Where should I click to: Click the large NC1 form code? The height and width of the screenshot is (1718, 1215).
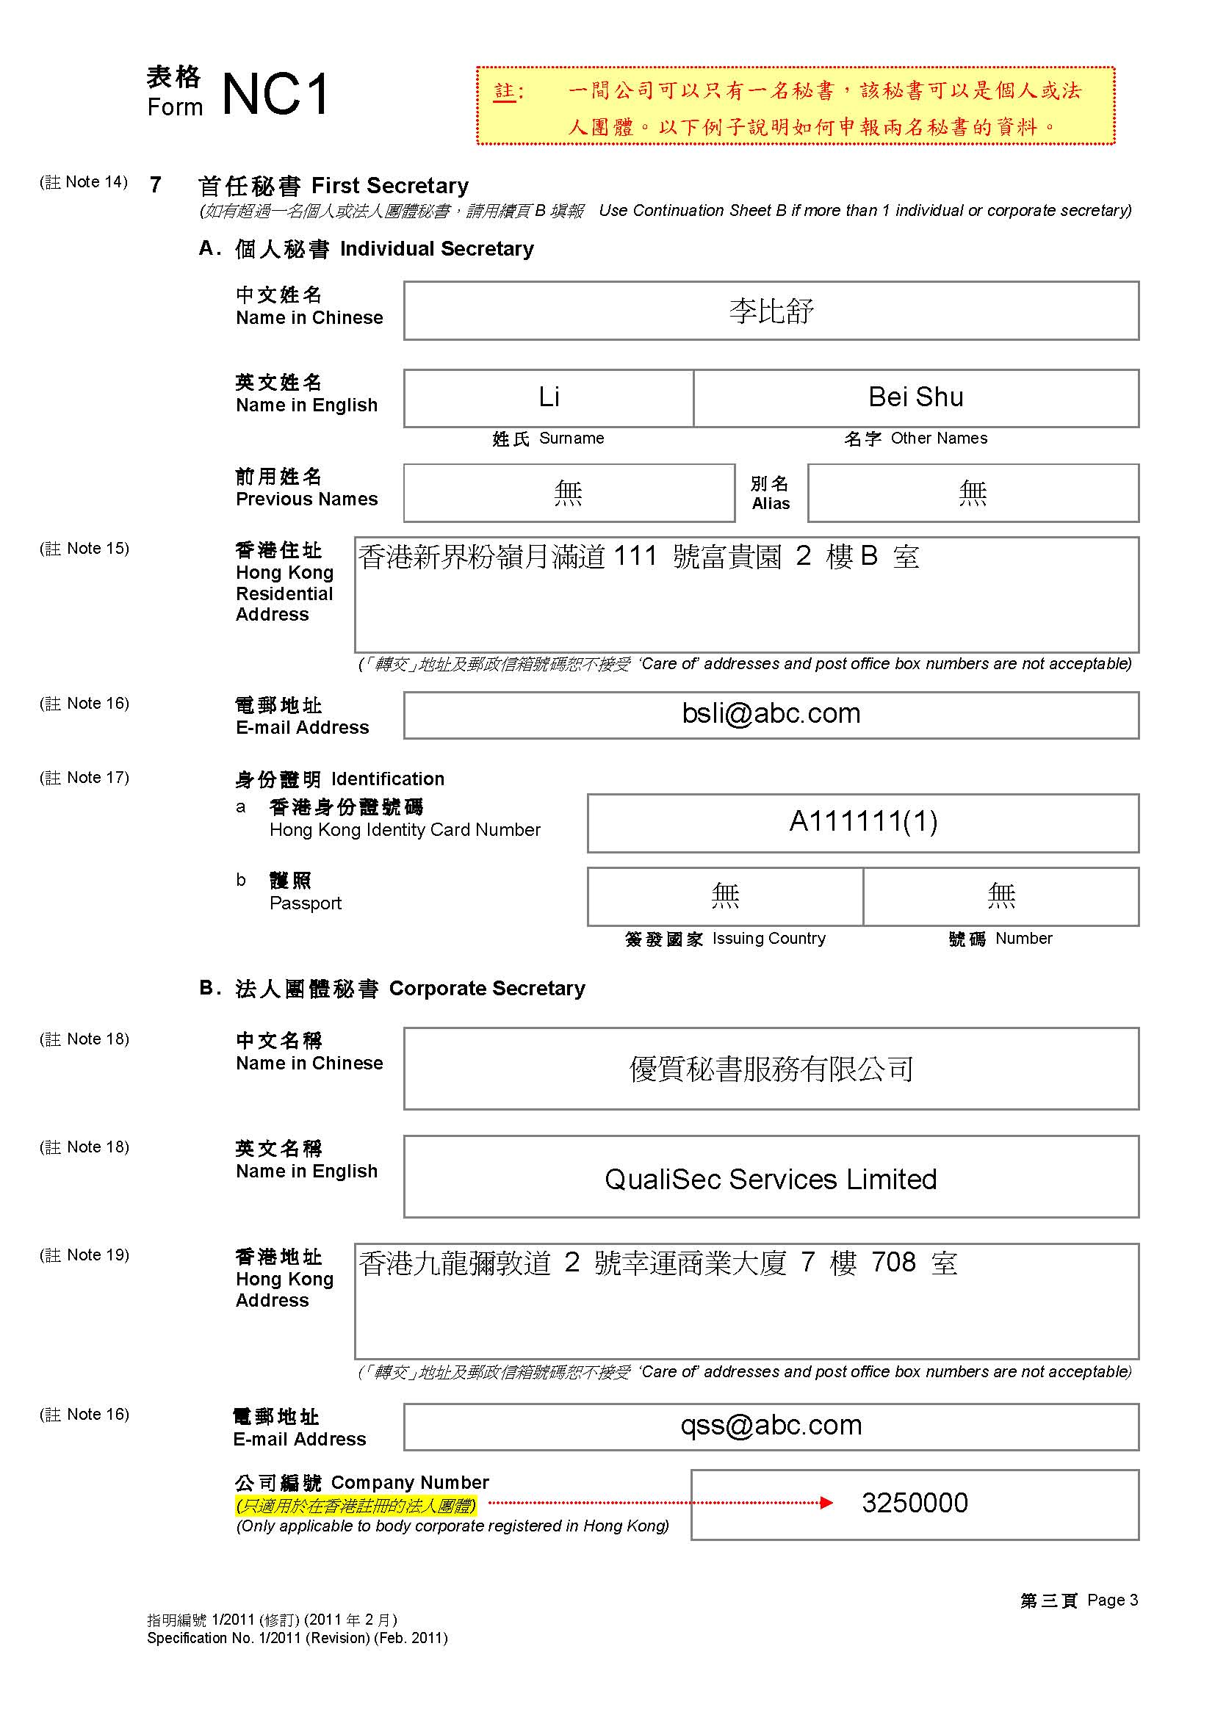(275, 95)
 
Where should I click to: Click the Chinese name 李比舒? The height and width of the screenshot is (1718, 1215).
(771, 311)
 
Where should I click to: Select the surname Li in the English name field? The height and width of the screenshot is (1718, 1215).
(549, 397)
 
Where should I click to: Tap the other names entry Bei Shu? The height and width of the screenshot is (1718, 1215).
(915, 397)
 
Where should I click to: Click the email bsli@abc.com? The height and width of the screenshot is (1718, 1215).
(771, 714)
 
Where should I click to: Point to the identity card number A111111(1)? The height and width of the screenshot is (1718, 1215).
(862, 822)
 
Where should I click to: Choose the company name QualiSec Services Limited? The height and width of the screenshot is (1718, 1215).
(771, 1180)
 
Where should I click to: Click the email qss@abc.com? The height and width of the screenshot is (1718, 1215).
(771, 1425)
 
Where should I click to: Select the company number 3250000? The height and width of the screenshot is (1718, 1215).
(915, 1503)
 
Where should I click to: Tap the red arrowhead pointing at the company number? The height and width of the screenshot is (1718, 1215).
(826, 1503)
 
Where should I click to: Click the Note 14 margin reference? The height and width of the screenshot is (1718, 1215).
(84, 182)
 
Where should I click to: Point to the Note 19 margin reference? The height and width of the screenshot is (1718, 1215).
(84, 1255)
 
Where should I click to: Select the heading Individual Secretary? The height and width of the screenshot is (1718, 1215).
(437, 249)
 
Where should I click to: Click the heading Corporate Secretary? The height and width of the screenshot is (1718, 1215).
(486, 989)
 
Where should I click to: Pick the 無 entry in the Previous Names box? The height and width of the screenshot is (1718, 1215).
(568, 494)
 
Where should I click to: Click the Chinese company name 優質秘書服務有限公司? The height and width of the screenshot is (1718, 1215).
(771, 1069)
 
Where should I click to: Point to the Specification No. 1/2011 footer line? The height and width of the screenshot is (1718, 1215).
(297, 1638)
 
